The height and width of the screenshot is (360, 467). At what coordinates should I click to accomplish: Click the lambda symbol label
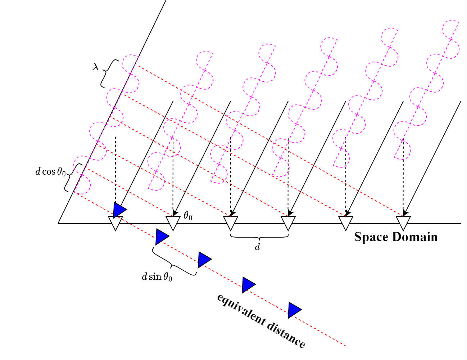95,67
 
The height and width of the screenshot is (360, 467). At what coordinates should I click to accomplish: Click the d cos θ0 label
51,172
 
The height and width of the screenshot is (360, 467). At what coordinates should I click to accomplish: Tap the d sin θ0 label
157,277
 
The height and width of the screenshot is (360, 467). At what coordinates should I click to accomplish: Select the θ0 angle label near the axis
188,216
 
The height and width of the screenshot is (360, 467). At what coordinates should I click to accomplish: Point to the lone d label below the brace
257,247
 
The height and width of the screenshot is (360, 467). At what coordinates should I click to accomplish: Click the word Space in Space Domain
371,237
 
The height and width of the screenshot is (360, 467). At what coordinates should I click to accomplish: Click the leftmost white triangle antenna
115,222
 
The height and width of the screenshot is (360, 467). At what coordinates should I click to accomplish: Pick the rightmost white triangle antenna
403,222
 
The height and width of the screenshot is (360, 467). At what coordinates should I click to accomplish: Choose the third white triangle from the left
230,222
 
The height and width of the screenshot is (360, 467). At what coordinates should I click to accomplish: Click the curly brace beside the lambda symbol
108,73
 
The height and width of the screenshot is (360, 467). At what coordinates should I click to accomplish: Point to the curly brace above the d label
259,237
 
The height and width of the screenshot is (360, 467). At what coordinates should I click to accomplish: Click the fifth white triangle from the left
345,222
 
